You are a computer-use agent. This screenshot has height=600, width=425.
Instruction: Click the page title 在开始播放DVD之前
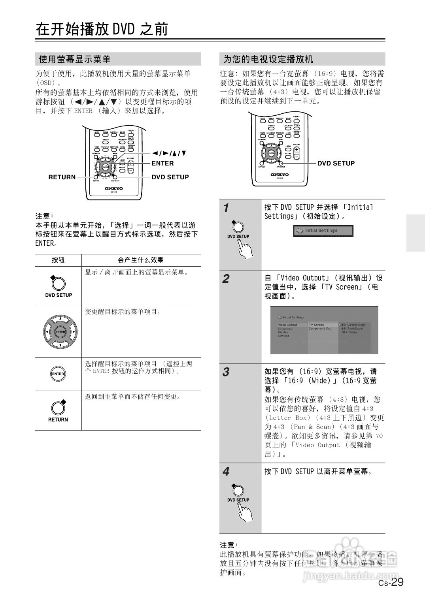tap(102, 29)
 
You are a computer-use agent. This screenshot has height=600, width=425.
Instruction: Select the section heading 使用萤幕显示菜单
tap(74, 59)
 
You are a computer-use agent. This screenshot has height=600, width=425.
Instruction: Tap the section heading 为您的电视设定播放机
tap(268, 59)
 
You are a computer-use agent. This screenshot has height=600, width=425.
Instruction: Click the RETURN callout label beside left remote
tap(62, 177)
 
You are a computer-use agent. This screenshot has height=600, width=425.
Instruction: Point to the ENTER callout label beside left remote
tap(162, 163)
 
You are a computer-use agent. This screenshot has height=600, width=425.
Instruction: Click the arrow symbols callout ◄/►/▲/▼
tap(169, 153)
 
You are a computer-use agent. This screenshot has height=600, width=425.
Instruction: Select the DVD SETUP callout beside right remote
tap(336, 163)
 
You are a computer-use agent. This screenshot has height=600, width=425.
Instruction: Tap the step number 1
tap(226, 208)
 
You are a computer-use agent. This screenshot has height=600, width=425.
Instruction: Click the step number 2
tap(226, 279)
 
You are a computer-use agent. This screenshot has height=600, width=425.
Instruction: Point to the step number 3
tap(226, 372)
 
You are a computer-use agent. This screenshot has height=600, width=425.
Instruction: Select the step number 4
tap(226, 472)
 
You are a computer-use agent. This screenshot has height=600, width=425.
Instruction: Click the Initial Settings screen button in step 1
tap(323, 231)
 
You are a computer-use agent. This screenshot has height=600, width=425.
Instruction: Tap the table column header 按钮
tap(58, 260)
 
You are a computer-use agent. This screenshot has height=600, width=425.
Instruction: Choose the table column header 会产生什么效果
tap(141, 260)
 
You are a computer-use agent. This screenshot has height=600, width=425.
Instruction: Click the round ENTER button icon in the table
tap(58, 374)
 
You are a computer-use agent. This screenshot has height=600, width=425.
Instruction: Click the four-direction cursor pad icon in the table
tap(60, 332)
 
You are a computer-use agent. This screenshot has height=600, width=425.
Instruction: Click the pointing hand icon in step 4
tap(245, 514)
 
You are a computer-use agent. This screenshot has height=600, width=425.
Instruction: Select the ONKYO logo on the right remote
tap(280, 174)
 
